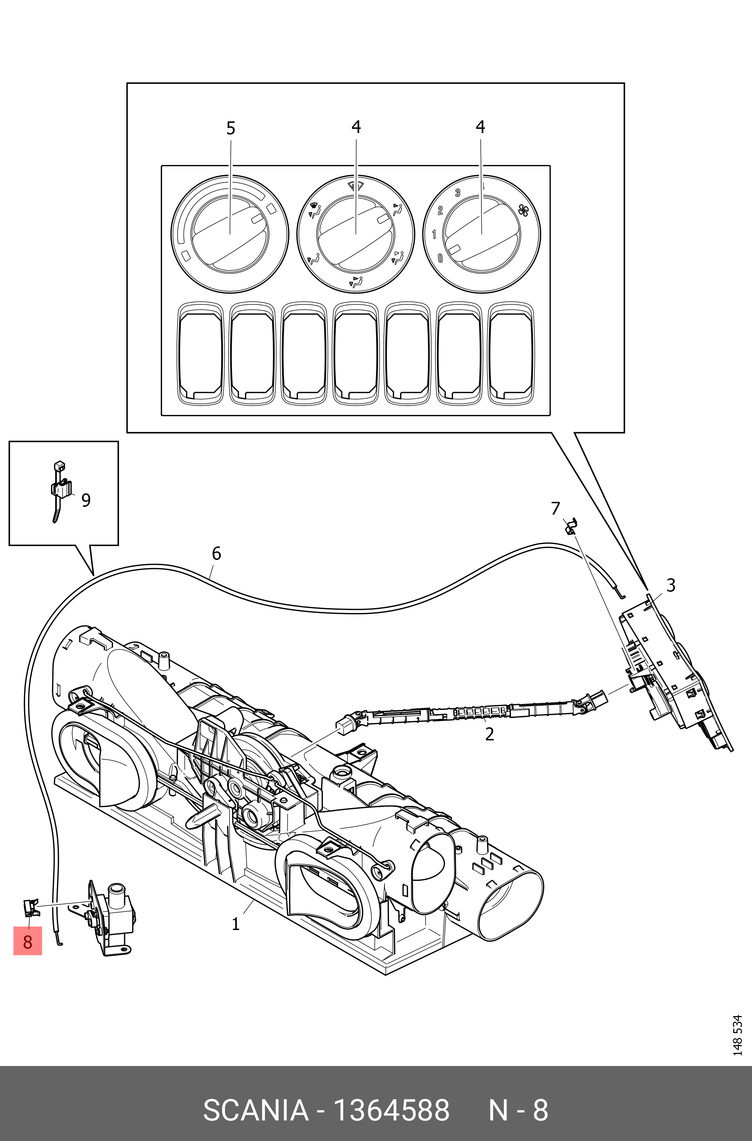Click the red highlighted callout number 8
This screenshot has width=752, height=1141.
(27, 941)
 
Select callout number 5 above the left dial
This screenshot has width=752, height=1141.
(231, 128)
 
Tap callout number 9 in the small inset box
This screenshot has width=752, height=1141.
(86, 500)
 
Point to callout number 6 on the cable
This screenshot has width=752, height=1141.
(216, 554)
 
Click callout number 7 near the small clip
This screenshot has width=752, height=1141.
(555, 508)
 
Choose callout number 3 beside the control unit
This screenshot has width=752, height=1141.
(671, 585)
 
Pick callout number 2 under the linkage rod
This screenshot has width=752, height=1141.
(489, 734)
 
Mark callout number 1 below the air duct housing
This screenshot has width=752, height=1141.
(236, 924)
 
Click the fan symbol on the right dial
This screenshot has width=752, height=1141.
(523, 211)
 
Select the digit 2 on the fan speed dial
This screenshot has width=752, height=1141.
(440, 210)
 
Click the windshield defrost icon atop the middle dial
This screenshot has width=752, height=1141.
(355, 186)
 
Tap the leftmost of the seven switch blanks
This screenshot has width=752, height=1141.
(201, 352)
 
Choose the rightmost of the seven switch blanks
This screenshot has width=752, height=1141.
(511, 352)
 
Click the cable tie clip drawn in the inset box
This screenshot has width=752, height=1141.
(60, 489)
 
